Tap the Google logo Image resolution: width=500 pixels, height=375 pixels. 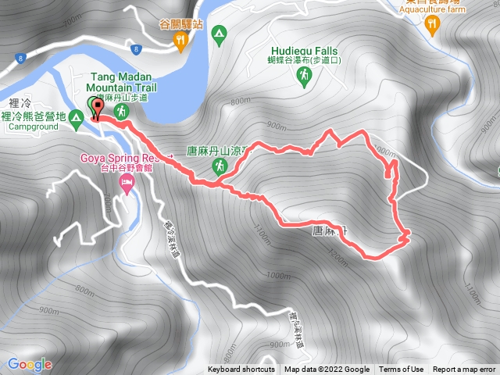coord(29,364)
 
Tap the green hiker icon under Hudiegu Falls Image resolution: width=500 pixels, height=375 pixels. coord(304,76)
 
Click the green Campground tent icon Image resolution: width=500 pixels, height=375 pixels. coord(76,120)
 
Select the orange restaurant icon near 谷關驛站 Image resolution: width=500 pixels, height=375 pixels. coord(182,40)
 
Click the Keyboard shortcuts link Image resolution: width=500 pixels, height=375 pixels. coord(241,370)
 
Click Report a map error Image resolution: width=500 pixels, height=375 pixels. coord(465,370)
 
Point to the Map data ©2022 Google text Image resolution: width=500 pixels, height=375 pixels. coord(327,370)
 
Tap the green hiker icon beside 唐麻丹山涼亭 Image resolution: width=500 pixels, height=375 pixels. coord(222,166)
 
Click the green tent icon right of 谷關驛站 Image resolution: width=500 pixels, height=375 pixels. coord(220,34)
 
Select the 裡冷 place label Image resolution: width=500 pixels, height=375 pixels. coord(20,102)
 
